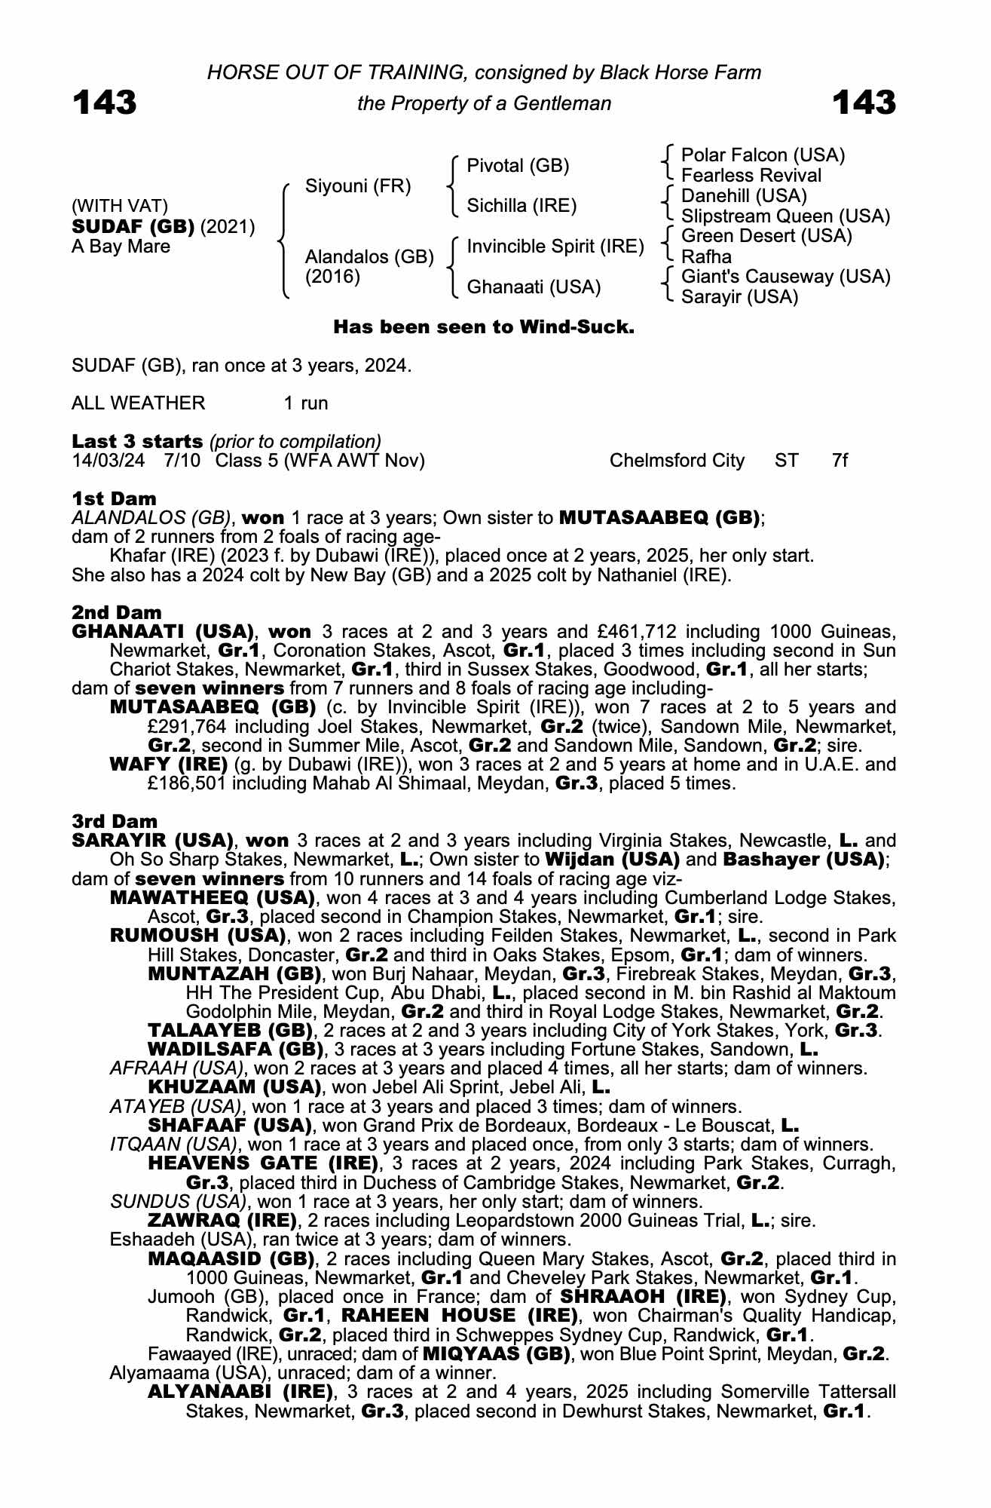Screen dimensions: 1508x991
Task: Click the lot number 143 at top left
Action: pos(105,103)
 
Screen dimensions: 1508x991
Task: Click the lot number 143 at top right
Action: pos(864,103)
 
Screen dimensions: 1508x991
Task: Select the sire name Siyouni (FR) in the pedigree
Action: pos(358,186)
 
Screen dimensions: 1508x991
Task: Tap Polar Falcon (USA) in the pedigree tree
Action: pos(763,155)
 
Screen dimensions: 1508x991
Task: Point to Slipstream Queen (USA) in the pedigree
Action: pos(785,216)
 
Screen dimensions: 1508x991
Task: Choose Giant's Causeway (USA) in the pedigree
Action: pos(785,277)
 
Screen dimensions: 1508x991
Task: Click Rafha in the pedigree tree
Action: pos(706,257)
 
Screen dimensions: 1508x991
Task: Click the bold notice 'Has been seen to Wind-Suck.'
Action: pos(484,327)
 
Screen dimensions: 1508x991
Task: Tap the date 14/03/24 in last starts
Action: pos(108,461)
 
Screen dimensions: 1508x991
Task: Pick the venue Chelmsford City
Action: pos(677,461)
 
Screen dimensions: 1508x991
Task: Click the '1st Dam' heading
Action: pos(114,498)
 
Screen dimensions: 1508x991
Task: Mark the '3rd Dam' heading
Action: pos(115,821)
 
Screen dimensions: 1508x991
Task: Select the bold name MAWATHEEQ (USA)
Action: pos(212,898)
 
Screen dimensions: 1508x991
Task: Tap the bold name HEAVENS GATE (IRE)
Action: pos(263,1163)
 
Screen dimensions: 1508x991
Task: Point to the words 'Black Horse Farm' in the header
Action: pos(681,72)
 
